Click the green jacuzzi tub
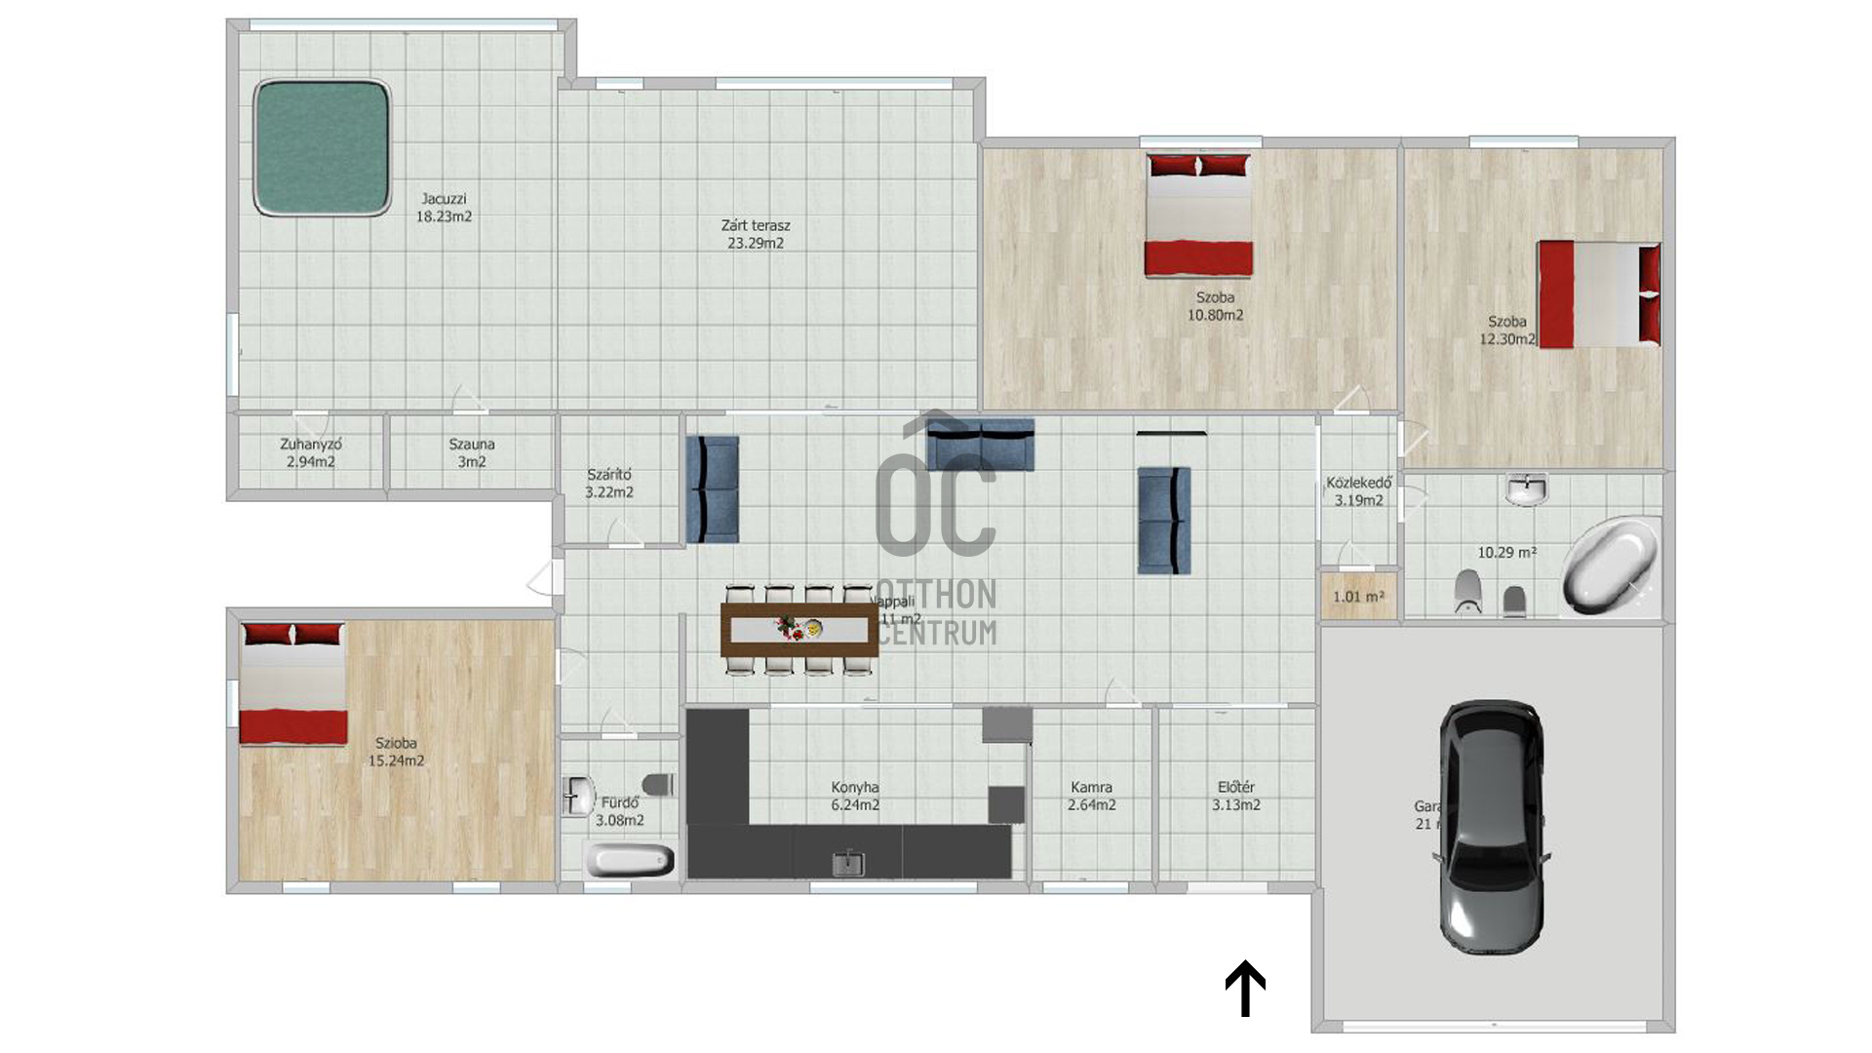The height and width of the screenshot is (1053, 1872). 322,147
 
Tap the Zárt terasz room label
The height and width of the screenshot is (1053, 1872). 756,234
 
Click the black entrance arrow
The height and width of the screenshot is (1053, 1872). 1245,988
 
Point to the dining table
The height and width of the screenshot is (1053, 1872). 799,630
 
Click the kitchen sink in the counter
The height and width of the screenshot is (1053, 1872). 848,863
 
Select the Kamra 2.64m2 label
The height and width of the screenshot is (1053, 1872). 1091,796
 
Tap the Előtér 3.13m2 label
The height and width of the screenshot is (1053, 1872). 1235,796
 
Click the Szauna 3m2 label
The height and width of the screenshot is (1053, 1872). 472,452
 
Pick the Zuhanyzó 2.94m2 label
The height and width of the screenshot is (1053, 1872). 310,452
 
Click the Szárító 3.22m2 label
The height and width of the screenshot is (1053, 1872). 609,483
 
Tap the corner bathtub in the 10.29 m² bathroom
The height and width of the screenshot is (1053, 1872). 1611,565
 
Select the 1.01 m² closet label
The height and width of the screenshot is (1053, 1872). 1358,597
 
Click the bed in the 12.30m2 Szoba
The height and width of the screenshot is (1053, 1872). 1599,293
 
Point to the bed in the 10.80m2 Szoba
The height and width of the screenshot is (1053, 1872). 1198,215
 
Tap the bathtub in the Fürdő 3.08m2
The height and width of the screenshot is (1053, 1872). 630,861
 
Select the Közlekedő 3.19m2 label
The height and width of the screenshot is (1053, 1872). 1358,491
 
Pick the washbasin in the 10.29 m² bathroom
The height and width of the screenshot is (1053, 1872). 1526,488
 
